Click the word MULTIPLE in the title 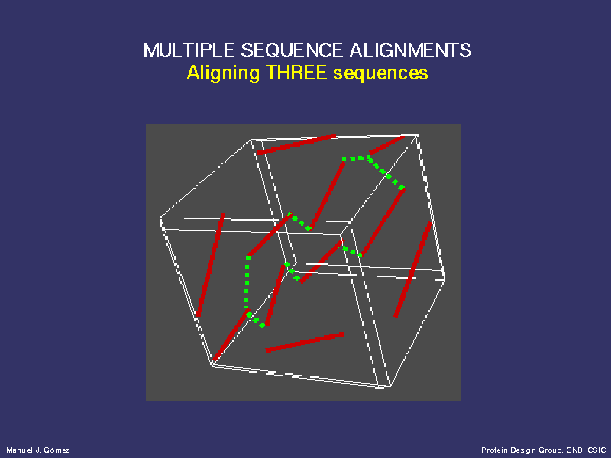189,50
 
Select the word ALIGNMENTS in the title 410,50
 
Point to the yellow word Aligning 223,73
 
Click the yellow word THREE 296,73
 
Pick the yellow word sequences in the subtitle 380,73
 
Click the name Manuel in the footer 19,450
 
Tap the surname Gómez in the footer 57,450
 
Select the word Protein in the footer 493,450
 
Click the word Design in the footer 518,450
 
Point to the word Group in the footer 544,450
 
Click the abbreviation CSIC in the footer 596,450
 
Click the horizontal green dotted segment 356,158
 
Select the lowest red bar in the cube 305,342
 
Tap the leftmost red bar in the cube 210,264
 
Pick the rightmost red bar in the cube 412,269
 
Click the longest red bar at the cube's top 296,144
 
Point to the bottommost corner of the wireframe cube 390,386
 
